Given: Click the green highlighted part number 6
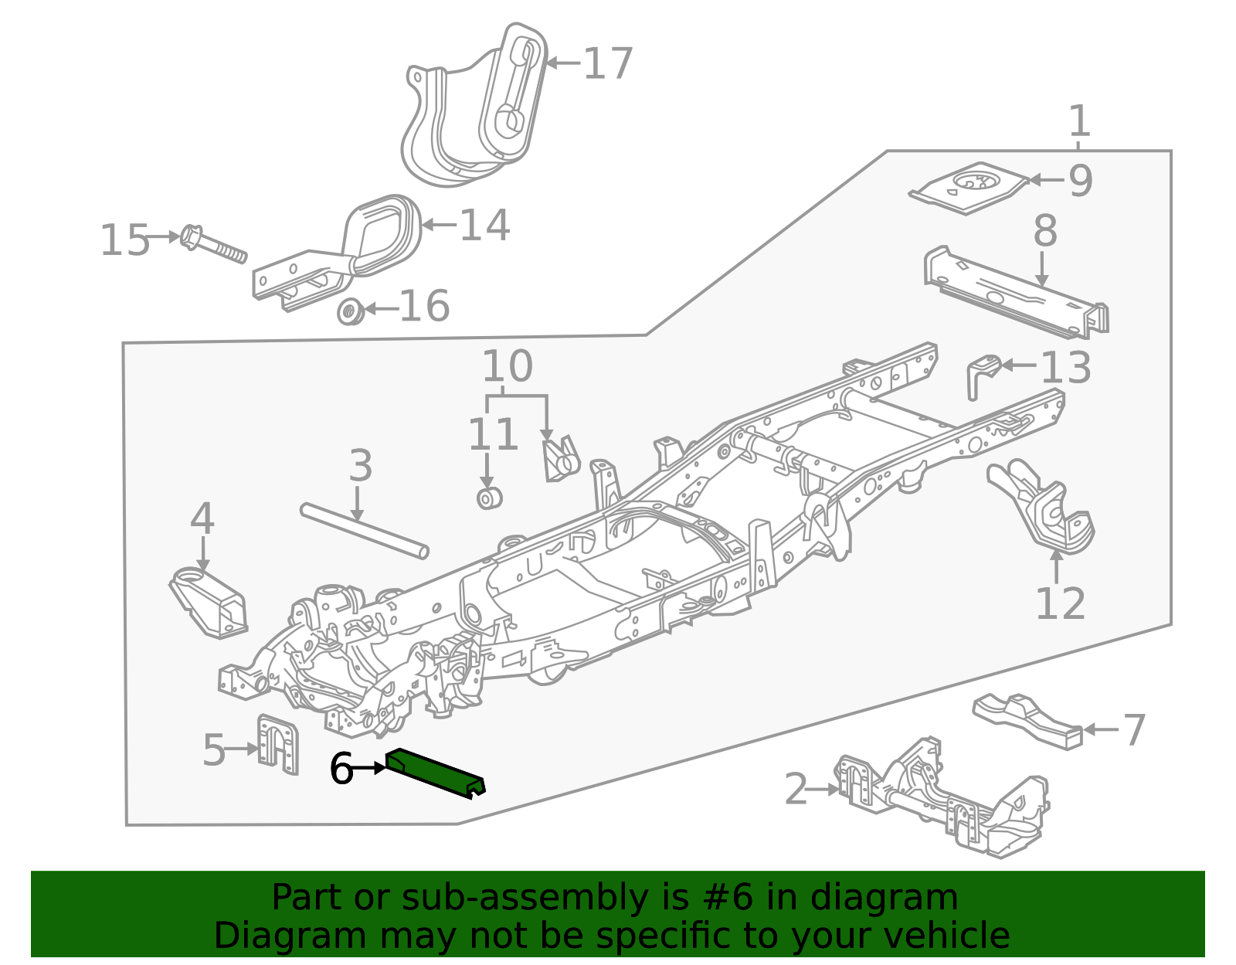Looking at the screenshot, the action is (x=435, y=773).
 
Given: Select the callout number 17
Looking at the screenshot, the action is (x=608, y=63).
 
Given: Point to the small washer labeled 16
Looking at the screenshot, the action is (x=351, y=311).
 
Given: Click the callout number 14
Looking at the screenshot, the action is (x=484, y=225).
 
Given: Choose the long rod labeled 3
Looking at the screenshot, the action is (x=365, y=531).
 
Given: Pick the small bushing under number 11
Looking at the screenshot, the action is (x=489, y=498).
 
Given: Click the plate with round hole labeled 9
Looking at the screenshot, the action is (x=968, y=189).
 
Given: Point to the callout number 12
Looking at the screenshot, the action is (x=1060, y=603).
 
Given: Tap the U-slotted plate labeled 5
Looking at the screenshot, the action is (x=277, y=744).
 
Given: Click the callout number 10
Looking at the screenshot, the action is (x=508, y=365).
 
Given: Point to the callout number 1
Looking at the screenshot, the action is (x=1080, y=121).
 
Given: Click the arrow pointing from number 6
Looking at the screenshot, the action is (x=368, y=769).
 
